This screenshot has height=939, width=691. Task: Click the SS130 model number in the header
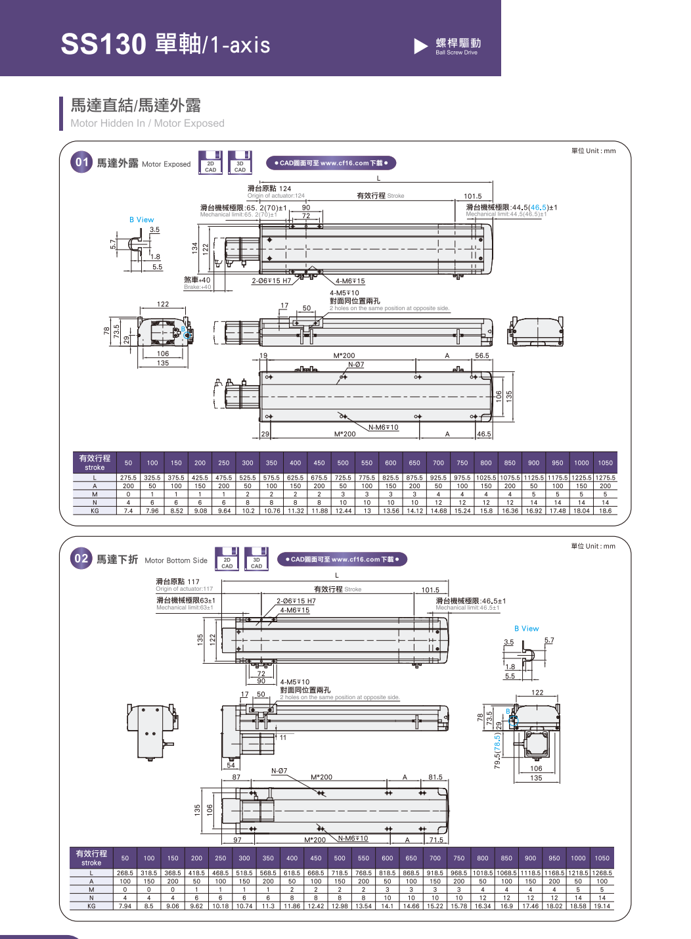pyautogui.click(x=103, y=44)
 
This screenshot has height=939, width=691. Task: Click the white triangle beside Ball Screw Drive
pyautogui.click(x=420, y=46)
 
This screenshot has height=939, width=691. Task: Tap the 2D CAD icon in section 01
pyautogui.click(x=210, y=163)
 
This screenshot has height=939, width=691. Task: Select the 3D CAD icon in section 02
pyautogui.click(x=256, y=559)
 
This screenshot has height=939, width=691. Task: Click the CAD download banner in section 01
pyautogui.click(x=331, y=163)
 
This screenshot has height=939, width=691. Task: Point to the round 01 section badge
pyautogui.click(x=81, y=162)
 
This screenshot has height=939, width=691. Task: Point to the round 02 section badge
pyautogui.click(x=81, y=559)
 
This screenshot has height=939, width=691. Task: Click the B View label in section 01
pyautogui.click(x=141, y=219)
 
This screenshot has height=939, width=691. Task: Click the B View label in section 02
pyautogui.click(x=526, y=629)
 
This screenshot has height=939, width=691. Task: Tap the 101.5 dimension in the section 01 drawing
pyautogui.click(x=472, y=196)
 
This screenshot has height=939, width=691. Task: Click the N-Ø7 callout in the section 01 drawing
pyautogui.click(x=356, y=365)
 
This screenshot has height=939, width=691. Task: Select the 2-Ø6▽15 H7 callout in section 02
pyautogui.click(x=296, y=601)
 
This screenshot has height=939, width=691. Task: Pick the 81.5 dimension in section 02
pyautogui.click(x=435, y=777)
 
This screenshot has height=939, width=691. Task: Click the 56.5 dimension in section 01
pyautogui.click(x=482, y=355)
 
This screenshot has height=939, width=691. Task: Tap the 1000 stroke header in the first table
pyautogui.click(x=581, y=463)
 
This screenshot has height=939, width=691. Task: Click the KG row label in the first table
pyautogui.click(x=95, y=511)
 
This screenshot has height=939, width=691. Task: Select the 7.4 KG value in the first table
pyautogui.click(x=128, y=511)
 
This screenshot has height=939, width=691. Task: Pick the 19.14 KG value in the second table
pyautogui.click(x=602, y=906)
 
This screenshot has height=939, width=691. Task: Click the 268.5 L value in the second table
pyautogui.click(x=125, y=873)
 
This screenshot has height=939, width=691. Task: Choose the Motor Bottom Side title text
pyautogui.click(x=176, y=561)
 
